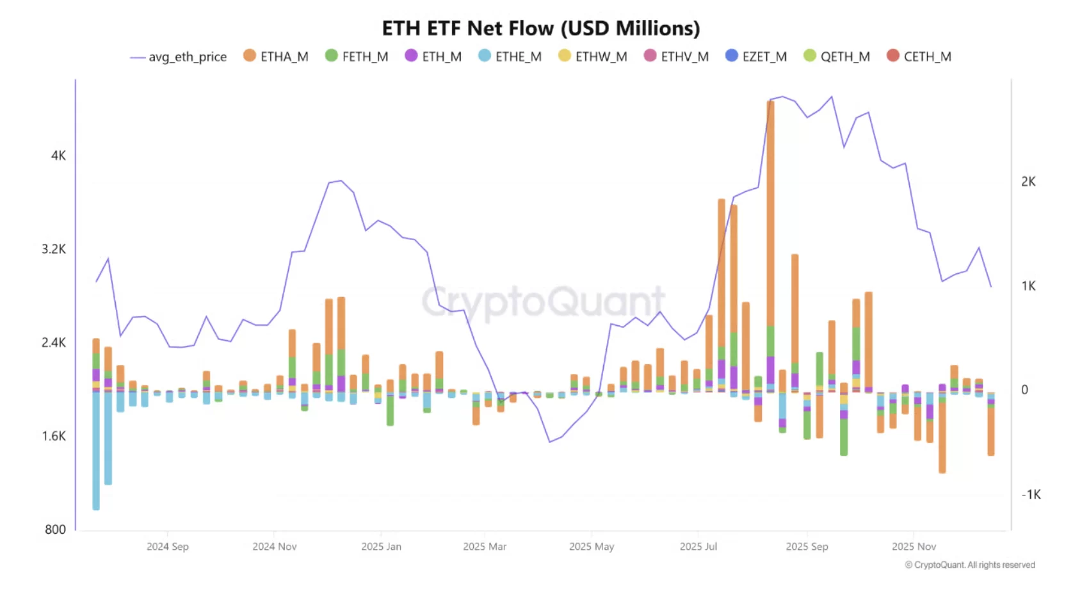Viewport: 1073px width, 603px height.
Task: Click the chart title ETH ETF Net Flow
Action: (541, 28)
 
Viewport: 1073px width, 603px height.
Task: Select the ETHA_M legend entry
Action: (276, 56)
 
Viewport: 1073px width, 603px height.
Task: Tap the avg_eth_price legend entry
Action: (179, 57)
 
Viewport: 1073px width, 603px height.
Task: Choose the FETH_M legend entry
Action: (357, 56)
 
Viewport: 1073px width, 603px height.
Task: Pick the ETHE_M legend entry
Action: (510, 56)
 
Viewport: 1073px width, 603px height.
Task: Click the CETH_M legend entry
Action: (919, 56)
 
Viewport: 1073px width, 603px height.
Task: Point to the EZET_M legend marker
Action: (732, 56)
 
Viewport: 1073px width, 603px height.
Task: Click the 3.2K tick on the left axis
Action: (54, 249)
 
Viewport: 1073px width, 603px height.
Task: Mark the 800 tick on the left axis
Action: (55, 529)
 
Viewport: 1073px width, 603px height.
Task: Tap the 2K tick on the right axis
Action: (1028, 182)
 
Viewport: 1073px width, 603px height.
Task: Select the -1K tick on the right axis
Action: (1031, 494)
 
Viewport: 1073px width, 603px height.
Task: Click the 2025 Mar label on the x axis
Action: (485, 547)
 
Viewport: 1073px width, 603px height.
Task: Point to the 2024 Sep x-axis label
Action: (167, 547)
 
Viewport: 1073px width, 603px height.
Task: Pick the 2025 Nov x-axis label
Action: (914, 547)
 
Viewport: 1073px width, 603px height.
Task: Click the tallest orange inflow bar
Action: (770, 211)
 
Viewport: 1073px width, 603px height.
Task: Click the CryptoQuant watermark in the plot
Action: (543, 301)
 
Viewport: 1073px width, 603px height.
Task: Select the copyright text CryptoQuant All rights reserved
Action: (970, 565)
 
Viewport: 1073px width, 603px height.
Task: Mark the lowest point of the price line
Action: (549, 442)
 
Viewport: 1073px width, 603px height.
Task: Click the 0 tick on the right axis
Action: (1024, 390)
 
